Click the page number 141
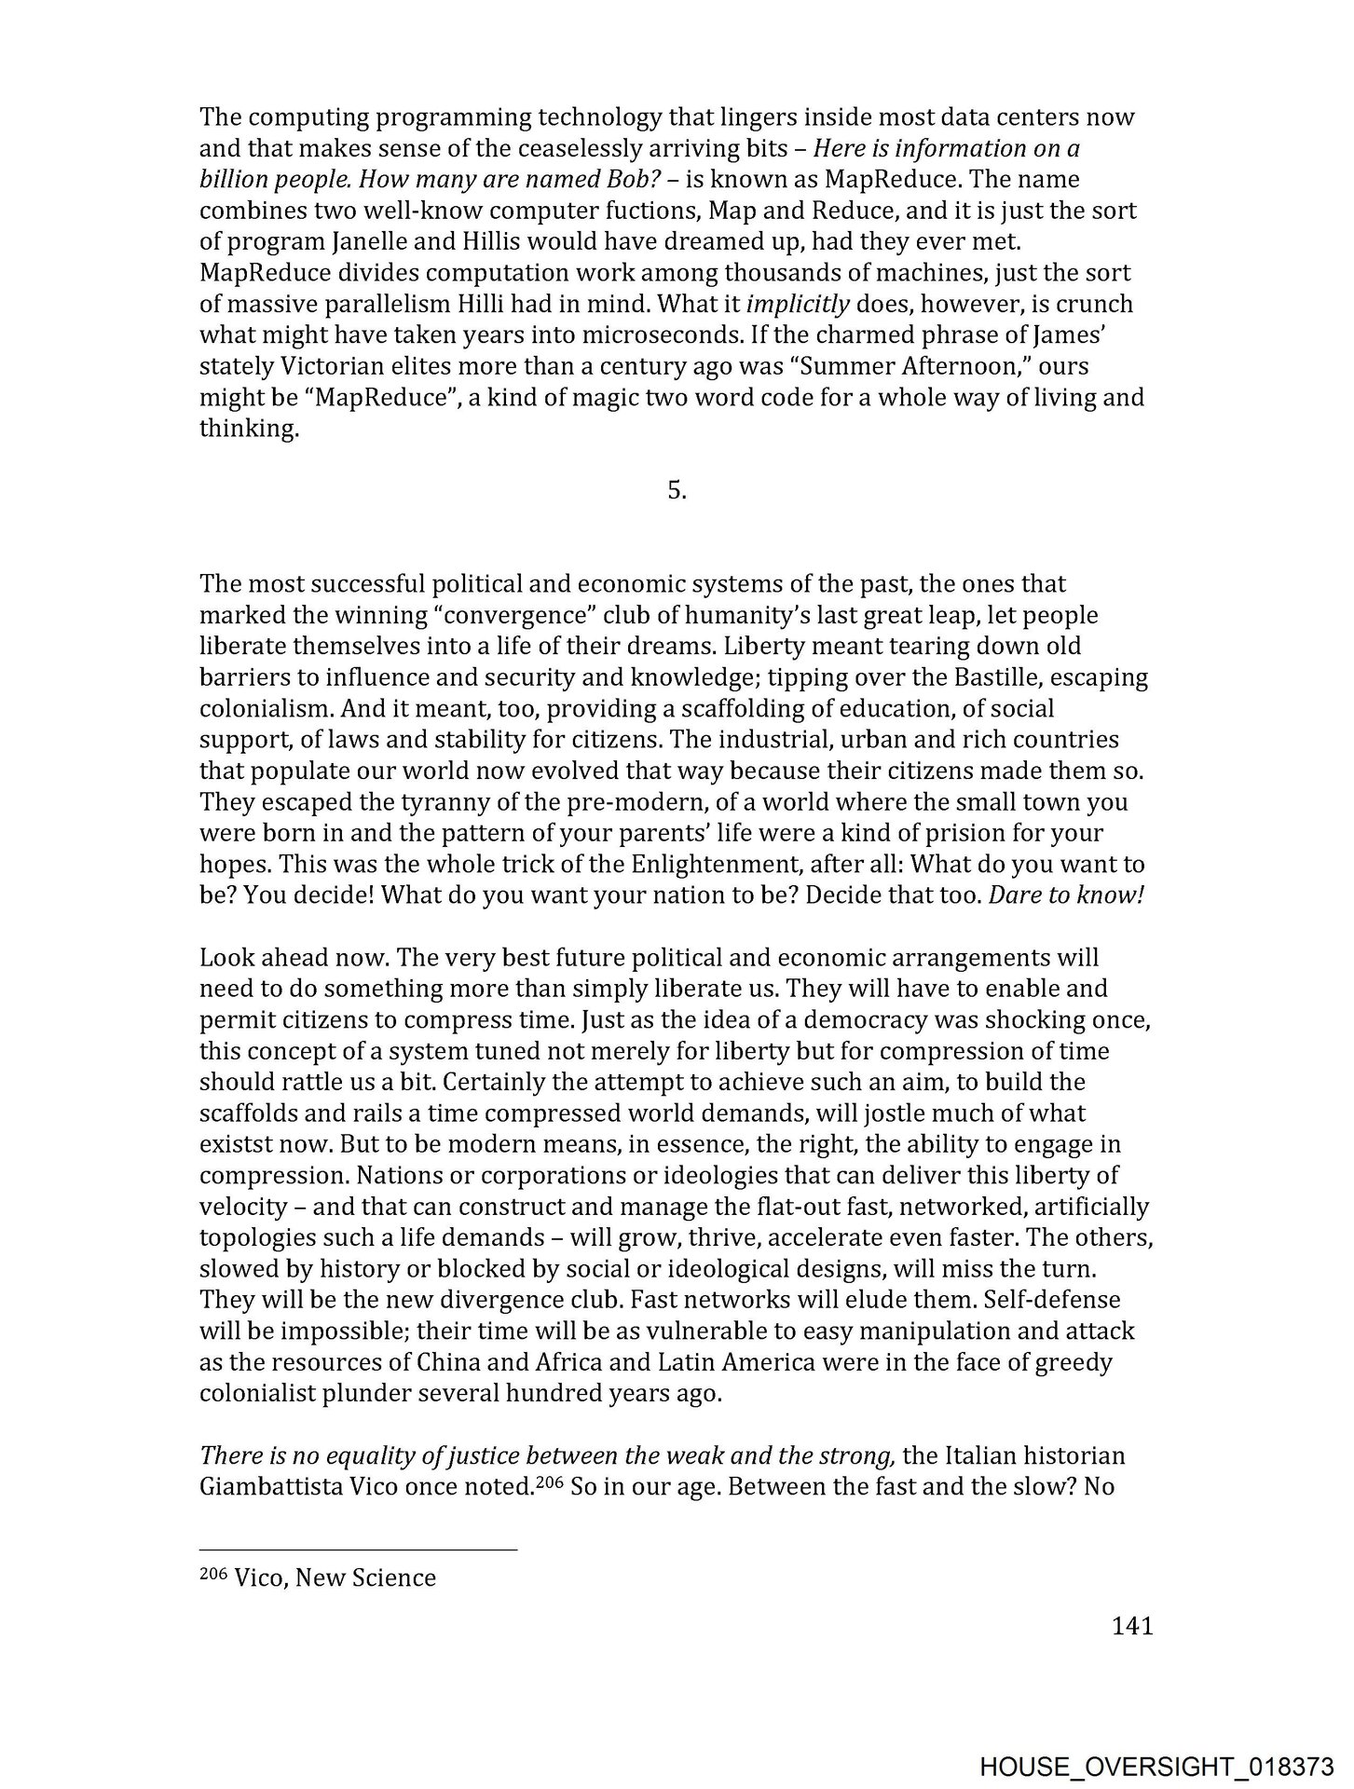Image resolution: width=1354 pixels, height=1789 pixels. click(x=1132, y=1626)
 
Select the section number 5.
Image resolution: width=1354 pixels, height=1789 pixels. click(x=677, y=491)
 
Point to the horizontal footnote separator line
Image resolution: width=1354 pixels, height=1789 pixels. click(x=358, y=1550)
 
